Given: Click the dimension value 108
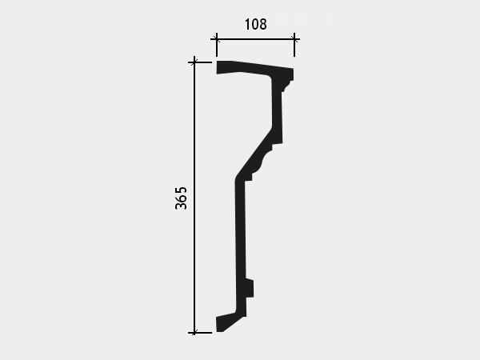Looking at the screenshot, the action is tap(256, 24).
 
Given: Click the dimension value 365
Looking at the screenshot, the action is tap(181, 198).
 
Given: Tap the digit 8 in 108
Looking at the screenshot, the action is tap(263, 24).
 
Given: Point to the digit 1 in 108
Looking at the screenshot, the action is tap(247, 24).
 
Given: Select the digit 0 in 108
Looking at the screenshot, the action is tap(254, 24).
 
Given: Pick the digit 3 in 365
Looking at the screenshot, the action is tap(181, 206).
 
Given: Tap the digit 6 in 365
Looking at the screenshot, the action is tap(181, 198).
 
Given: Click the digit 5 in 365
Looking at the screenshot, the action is tap(181, 190).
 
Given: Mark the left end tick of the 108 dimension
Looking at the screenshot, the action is tap(217, 39).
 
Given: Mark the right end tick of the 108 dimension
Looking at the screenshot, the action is tap(294, 39).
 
